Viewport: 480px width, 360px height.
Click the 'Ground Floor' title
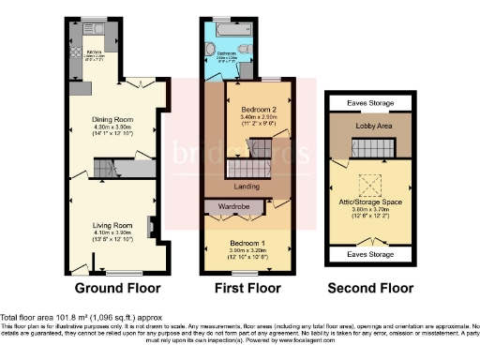coord(118,288)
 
